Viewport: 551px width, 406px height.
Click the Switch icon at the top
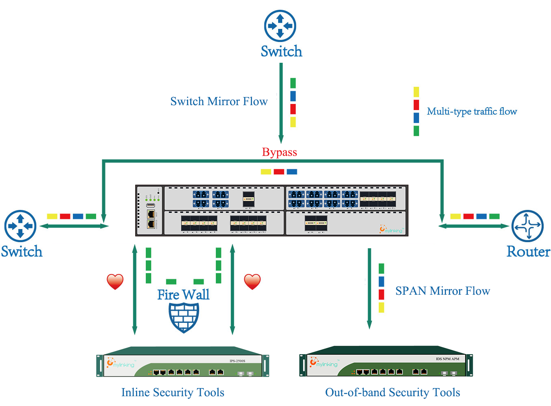click(x=280, y=26)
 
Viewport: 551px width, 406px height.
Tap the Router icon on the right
click(x=527, y=226)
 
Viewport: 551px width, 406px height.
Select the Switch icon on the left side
click(x=20, y=226)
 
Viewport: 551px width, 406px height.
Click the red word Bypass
click(x=279, y=152)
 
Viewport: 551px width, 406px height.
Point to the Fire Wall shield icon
click(x=184, y=317)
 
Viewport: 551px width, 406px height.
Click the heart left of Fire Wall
click(x=115, y=281)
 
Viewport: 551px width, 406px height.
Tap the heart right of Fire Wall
click(x=252, y=281)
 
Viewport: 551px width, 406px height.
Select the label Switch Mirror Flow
click(x=219, y=101)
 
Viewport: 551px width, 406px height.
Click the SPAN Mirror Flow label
click(x=442, y=291)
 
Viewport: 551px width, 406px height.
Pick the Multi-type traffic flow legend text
click(x=472, y=111)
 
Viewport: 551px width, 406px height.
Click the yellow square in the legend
click(x=416, y=92)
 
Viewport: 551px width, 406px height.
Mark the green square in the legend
click(x=416, y=131)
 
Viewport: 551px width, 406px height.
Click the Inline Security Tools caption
click(x=173, y=392)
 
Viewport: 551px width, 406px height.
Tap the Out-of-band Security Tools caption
click(x=392, y=392)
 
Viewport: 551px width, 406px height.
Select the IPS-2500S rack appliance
click(x=183, y=363)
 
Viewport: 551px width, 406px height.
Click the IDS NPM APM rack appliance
click(x=386, y=363)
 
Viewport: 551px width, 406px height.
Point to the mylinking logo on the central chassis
click(x=391, y=229)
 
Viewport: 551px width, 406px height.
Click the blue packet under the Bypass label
click(x=292, y=172)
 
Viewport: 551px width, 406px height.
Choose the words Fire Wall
click(x=183, y=294)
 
